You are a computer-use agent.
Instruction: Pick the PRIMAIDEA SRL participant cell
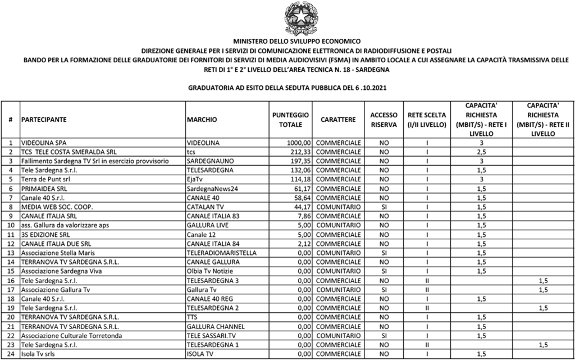44,189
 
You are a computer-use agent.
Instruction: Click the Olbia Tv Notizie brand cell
211,271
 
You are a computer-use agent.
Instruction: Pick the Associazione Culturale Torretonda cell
69,335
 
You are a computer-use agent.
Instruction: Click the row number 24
11,353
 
